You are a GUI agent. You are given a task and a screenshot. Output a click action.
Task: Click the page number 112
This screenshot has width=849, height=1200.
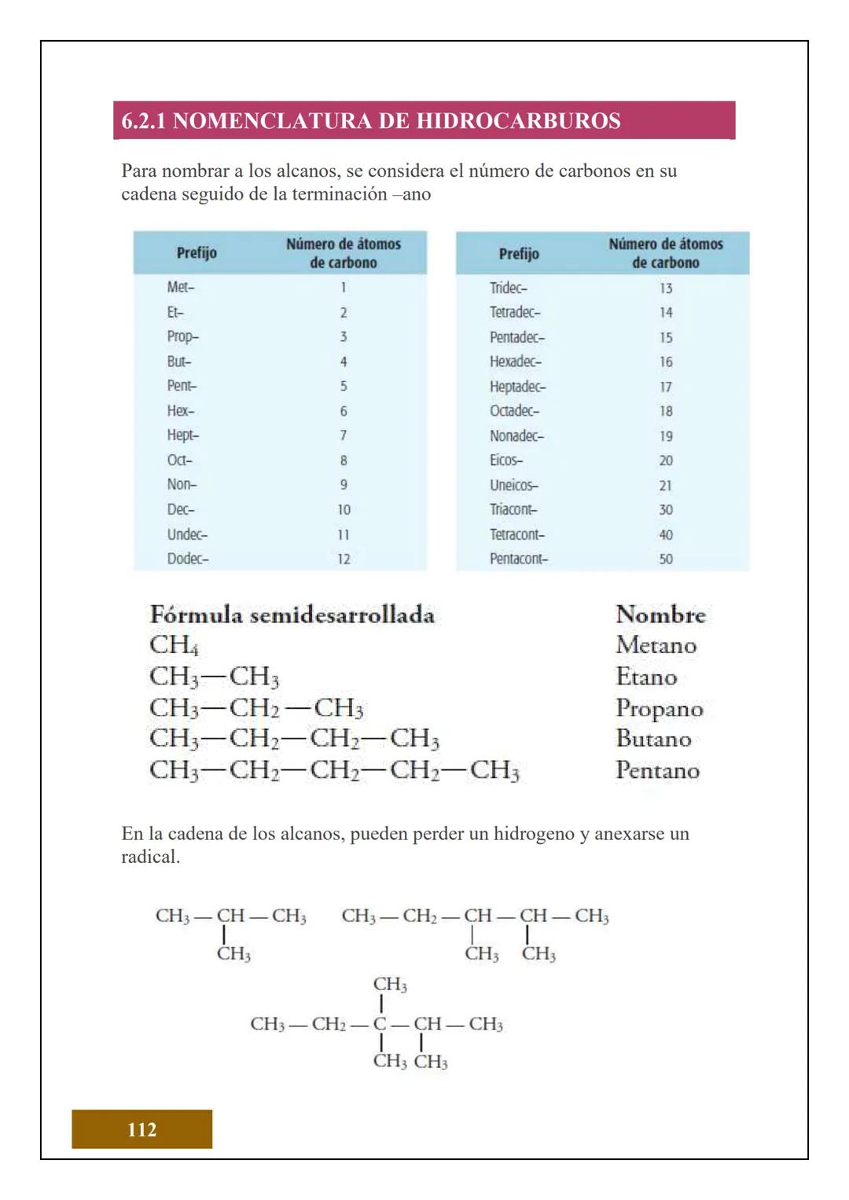(141, 1129)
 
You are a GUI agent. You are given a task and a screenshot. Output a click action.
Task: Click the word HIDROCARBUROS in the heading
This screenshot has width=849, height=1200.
(518, 121)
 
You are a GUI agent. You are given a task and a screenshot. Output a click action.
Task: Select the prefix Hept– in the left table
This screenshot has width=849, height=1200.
(182, 435)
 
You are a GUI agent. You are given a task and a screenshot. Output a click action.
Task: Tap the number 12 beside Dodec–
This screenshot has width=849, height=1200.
(344, 559)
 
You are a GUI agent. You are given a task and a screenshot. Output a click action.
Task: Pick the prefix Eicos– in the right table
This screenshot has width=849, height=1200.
(505, 461)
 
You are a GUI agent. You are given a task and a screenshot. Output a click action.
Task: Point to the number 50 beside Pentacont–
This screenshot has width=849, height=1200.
(666, 559)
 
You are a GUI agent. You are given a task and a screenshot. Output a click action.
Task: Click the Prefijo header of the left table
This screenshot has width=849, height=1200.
(197, 253)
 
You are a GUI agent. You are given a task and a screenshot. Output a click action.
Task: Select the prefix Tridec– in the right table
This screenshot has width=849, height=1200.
(509, 288)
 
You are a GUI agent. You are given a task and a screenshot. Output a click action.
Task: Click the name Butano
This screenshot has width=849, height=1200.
(653, 739)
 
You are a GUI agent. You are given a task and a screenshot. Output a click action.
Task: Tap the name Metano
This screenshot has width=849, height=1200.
(656, 645)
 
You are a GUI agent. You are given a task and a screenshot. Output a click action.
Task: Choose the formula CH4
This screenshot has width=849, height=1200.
(174, 645)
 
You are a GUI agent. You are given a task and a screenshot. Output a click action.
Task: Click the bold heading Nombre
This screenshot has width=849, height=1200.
(660, 615)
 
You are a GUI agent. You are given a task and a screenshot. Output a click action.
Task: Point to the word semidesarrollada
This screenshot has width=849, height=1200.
(342, 615)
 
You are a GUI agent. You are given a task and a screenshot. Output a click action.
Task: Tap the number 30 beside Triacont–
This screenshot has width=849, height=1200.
(666, 509)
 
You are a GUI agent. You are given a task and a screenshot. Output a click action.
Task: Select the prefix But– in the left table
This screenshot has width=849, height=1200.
(178, 361)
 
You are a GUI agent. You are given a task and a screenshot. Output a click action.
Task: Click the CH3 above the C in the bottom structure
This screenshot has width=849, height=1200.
(389, 985)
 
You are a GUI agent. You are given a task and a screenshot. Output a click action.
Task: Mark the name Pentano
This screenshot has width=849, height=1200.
(657, 770)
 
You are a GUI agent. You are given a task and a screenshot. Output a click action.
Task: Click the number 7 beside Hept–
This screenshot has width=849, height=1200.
(344, 435)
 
